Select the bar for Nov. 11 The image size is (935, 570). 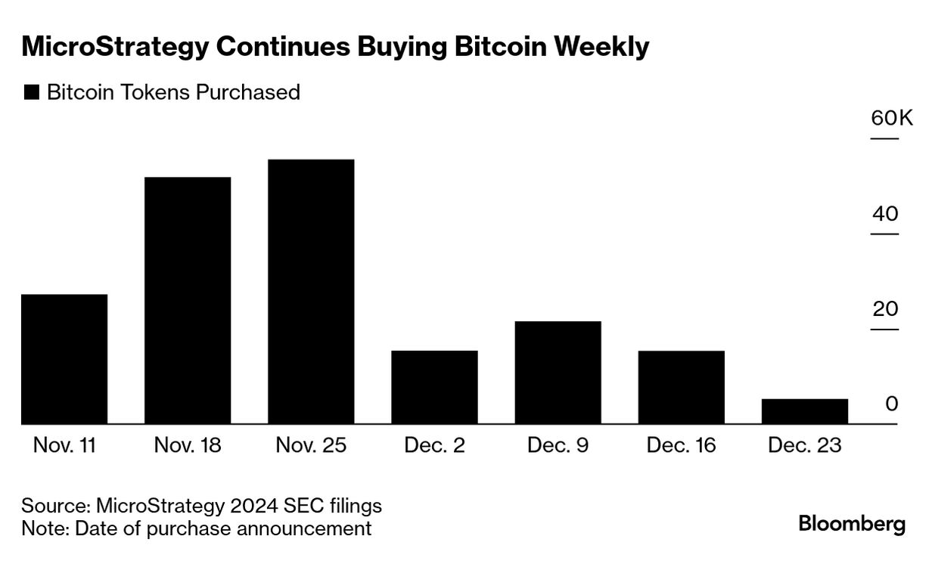click(64, 358)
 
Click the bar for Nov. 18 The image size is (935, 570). click(188, 300)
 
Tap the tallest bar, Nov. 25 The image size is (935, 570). click(311, 291)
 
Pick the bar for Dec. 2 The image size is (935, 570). click(434, 386)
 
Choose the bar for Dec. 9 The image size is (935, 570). click(558, 372)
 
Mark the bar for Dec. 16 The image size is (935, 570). click(681, 386)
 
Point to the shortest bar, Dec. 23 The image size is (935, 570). click(804, 410)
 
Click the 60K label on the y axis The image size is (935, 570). click(891, 119)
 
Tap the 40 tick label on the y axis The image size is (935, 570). click(884, 214)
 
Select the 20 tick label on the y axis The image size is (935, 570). click(884, 309)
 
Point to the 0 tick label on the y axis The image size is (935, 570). click(891, 404)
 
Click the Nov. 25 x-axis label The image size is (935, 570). click(312, 445)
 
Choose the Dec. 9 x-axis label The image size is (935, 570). click(558, 445)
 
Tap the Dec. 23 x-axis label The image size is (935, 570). click(804, 445)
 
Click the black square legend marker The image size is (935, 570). click(31, 93)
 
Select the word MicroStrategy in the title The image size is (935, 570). click(113, 48)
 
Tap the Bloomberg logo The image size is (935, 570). click(852, 524)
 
